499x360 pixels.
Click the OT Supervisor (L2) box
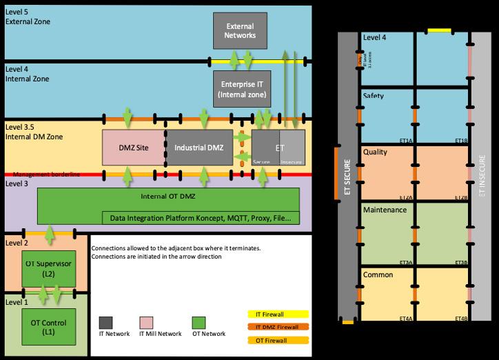point(48,268)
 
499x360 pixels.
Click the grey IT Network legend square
point(106,322)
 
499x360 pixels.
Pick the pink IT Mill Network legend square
point(146,322)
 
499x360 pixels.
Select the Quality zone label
point(375,152)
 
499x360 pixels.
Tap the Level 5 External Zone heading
point(28,16)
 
